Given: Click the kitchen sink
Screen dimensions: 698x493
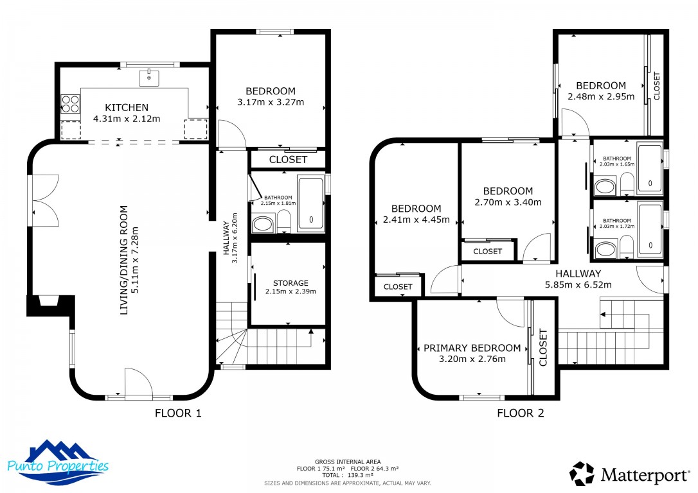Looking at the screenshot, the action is click(x=148, y=78).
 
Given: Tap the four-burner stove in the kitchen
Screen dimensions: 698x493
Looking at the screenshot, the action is click(x=70, y=104).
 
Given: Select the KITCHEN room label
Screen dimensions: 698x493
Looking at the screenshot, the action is click(x=127, y=108).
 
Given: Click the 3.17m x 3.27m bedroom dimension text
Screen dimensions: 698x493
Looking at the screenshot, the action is click(x=271, y=102).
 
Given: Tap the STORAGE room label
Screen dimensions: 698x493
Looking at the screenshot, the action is click(x=291, y=283).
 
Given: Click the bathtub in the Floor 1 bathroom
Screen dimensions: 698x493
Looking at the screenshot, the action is click(x=310, y=203).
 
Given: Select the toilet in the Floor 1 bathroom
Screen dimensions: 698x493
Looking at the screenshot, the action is click(x=283, y=221).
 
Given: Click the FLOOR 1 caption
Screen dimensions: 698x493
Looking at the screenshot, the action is click(x=178, y=413).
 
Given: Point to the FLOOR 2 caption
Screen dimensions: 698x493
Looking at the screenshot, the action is click(x=521, y=413).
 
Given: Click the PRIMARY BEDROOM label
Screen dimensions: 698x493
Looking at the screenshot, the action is click(x=472, y=348).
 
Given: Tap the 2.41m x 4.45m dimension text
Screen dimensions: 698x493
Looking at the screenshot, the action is click(x=416, y=220).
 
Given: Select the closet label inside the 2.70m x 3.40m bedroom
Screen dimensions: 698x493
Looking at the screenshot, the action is click(x=487, y=252).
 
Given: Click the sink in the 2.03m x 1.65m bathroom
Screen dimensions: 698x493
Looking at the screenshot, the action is click(x=605, y=186).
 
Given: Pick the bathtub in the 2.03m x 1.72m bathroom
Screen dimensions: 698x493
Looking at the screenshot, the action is click(x=650, y=229).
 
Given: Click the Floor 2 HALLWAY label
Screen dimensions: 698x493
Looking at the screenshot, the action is click(x=578, y=274).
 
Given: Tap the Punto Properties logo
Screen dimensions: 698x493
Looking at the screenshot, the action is click(x=58, y=462).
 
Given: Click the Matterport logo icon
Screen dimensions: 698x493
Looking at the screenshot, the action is click(x=582, y=474).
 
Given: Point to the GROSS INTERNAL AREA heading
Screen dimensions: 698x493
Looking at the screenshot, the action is click(x=348, y=462).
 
